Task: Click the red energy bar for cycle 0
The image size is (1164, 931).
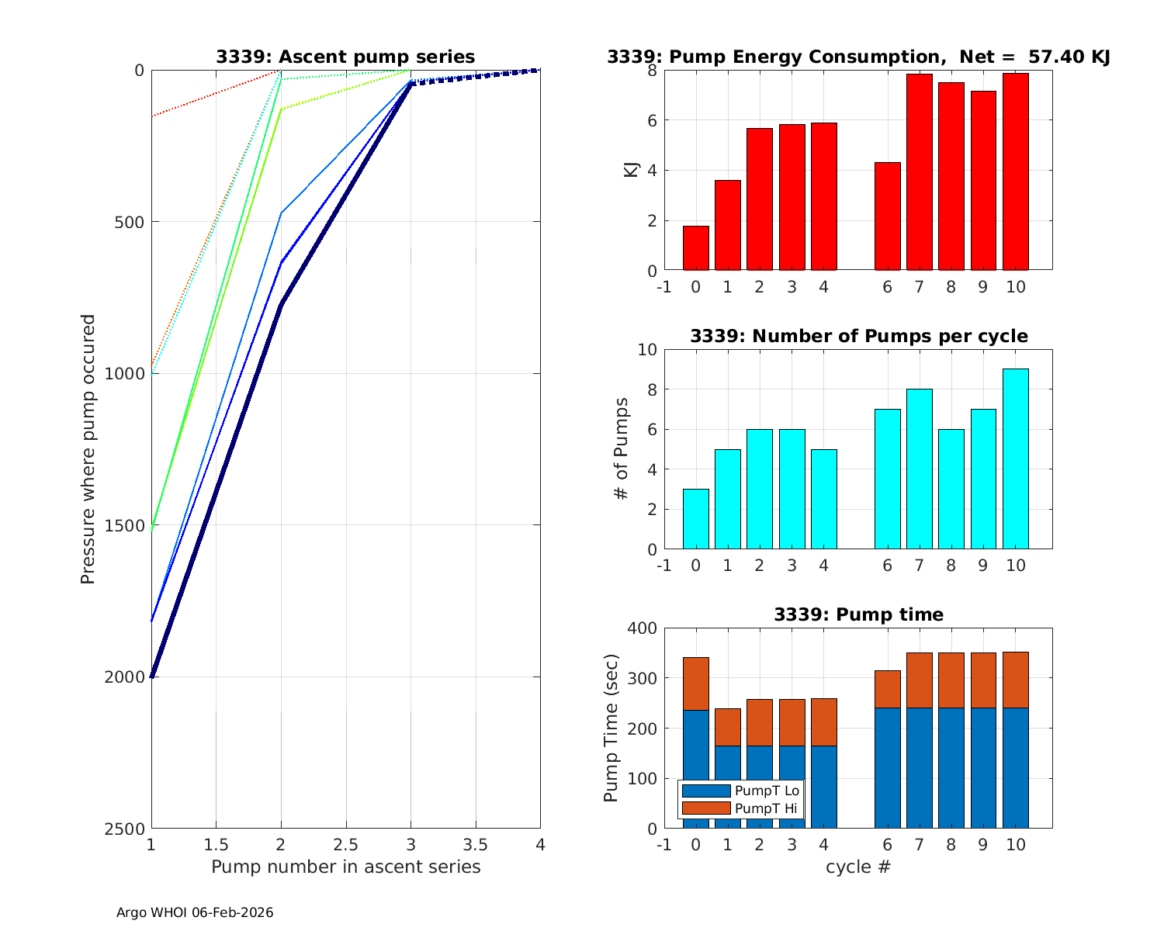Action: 695,248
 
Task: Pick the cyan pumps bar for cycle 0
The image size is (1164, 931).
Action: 695,519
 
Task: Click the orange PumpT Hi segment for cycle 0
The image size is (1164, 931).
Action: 695,684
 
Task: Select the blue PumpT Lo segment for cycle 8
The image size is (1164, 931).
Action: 951,768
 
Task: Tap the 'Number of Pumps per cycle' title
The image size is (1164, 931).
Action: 858,336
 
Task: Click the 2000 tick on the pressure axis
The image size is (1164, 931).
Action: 124,677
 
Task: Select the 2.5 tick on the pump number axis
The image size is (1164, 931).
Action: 345,844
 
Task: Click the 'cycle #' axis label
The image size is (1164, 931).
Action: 857,867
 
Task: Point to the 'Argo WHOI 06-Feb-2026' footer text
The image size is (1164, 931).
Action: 195,912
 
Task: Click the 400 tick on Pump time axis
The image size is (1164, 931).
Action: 640,628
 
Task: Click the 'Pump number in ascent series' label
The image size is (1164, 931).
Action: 345,867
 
